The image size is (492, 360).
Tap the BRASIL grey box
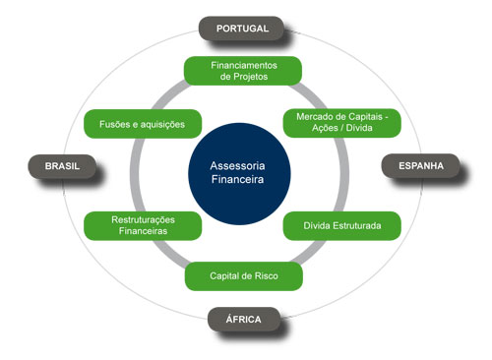63,166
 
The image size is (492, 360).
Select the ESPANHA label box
421,166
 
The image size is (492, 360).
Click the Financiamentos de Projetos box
244,70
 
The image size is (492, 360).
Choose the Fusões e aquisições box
144,124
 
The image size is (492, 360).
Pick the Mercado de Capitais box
342,122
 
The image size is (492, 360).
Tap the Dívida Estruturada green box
342,226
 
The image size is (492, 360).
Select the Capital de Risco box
244,276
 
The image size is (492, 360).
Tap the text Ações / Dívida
342,129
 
